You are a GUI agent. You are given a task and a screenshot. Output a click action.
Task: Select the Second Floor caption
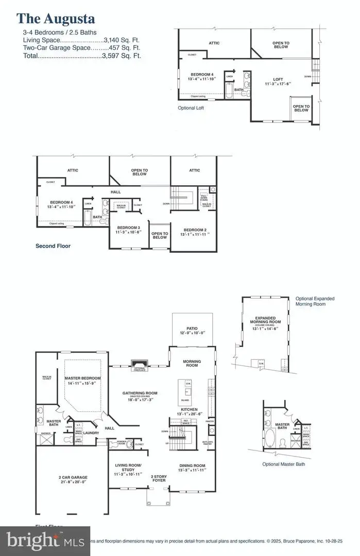pyautogui.click(x=53, y=246)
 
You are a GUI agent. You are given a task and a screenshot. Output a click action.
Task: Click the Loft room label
pyautogui.click(x=278, y=81)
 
